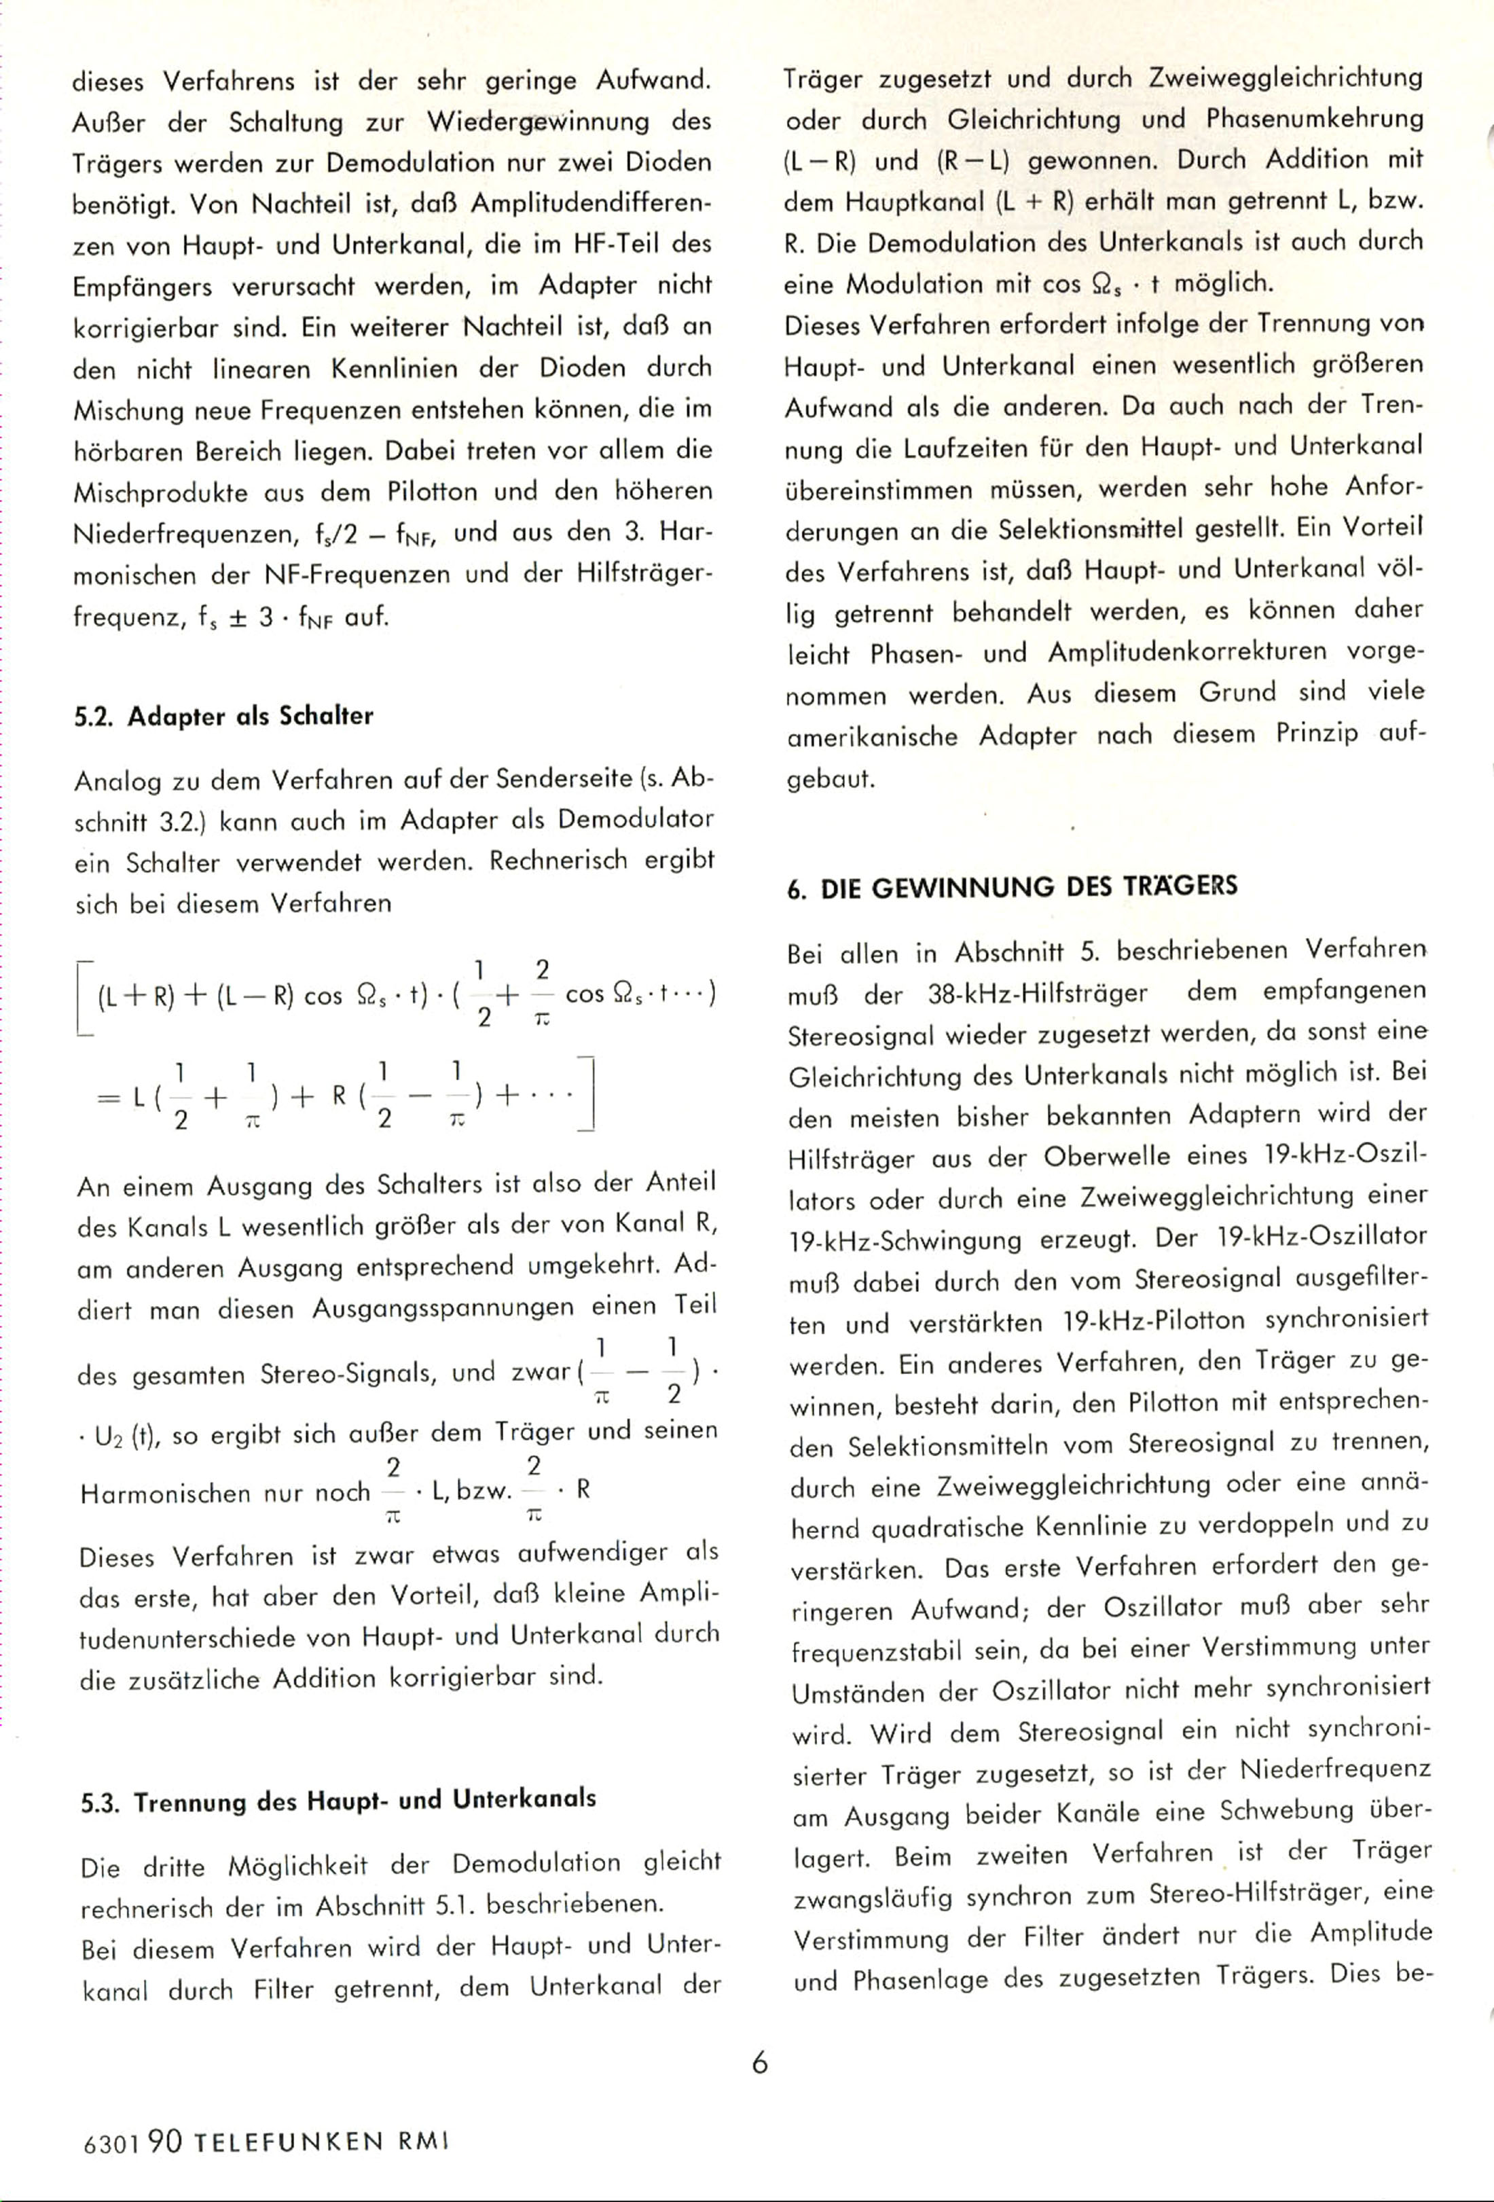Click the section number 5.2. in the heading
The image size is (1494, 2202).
pos(96,717)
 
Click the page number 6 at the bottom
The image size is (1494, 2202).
pos(759,2063)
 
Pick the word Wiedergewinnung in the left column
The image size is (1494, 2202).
pos(537,122)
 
